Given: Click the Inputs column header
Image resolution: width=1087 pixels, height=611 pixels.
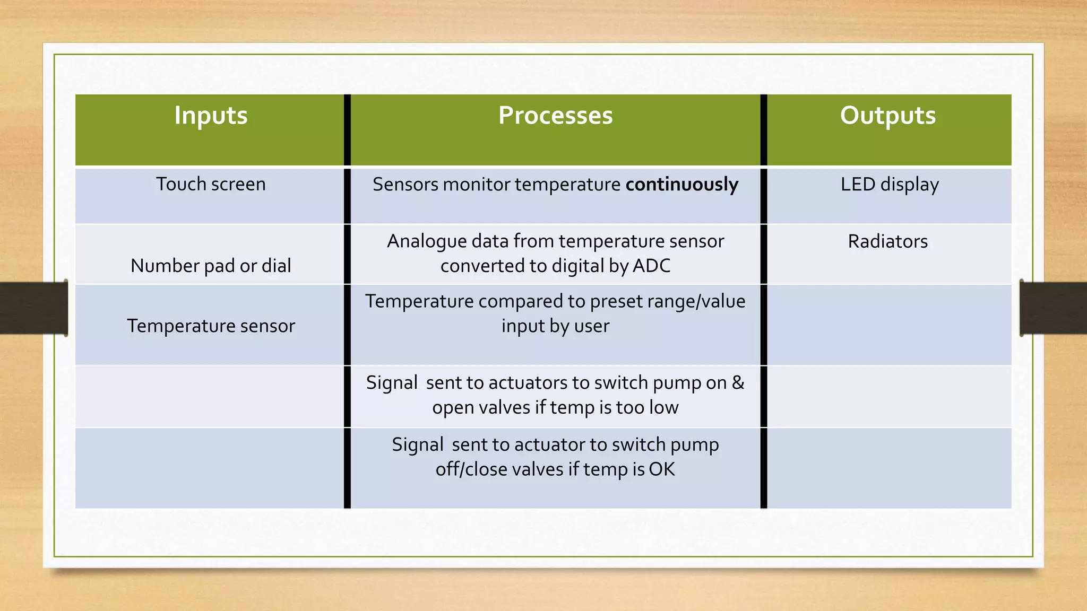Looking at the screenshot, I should pos(211,116).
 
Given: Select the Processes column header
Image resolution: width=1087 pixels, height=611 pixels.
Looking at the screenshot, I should pos(555,116).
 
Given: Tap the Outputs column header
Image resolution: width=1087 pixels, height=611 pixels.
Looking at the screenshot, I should pos(888,116).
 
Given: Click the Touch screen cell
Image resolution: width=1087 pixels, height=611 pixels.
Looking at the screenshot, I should pos(211,184).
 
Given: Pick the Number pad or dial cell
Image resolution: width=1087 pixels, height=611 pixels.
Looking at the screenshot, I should pos(211,265).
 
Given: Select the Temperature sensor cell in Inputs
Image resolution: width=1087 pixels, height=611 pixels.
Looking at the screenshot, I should pos(211,326).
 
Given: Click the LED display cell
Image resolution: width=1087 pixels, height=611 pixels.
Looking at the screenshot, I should pos(890,184).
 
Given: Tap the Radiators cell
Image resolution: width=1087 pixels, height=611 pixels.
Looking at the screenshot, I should pos(888,241).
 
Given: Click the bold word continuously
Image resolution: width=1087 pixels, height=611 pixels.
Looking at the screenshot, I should pos(682,184).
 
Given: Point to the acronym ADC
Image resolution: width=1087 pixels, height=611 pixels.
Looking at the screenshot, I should pos(652,265).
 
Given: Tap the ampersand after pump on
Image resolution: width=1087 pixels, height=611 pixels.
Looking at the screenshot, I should pos(738,382).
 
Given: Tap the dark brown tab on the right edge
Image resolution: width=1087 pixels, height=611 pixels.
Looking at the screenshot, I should pos(1054,308).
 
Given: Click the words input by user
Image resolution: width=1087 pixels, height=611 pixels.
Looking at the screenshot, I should pos(555,326).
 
